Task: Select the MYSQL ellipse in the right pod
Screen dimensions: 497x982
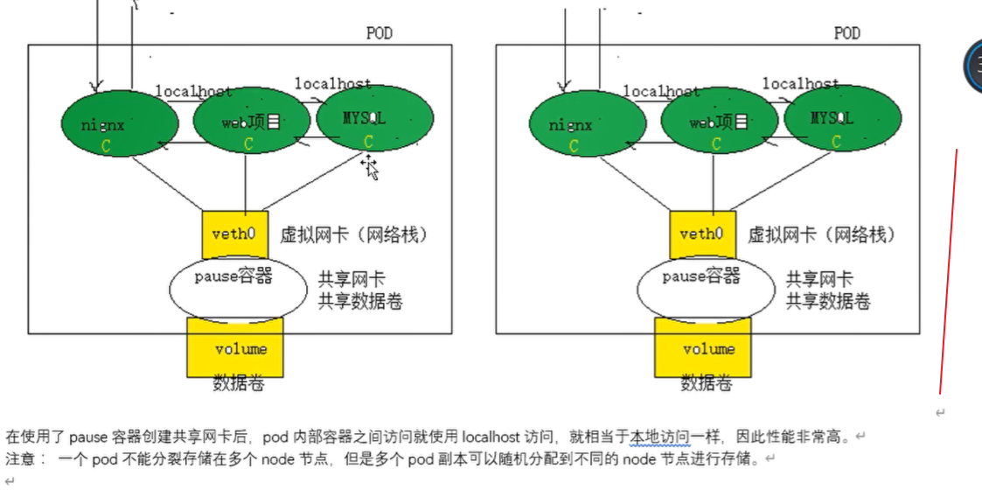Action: tap(842, 119)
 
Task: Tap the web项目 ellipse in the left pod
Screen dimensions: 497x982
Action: tap(252, 122)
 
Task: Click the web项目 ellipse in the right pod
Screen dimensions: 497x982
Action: tap(720, 122)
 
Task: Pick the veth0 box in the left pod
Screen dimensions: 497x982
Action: tap(234, 234)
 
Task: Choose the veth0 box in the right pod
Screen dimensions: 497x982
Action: tap(702, 234)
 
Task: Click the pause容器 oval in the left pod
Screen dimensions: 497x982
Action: tap(235, 288)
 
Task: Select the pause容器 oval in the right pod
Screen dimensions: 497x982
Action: tap(703, 288)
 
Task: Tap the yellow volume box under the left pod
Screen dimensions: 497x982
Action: tap(235, 349)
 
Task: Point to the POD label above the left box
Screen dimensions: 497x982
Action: tap(379, 33)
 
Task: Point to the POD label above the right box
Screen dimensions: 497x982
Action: tap(846, 33)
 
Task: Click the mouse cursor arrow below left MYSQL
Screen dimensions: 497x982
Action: tap(371, 167)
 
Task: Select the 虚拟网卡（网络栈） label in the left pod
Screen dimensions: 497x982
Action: tap(354, 234)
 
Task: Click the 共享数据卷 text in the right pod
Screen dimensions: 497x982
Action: tap(827, 301)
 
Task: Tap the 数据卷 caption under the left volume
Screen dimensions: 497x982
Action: tap(239, 383)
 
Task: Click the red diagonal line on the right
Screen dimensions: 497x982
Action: tap(948, 271)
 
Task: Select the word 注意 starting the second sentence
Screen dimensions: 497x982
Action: tap(18, 458)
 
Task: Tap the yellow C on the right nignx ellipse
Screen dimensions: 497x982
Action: tap(574, 146)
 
